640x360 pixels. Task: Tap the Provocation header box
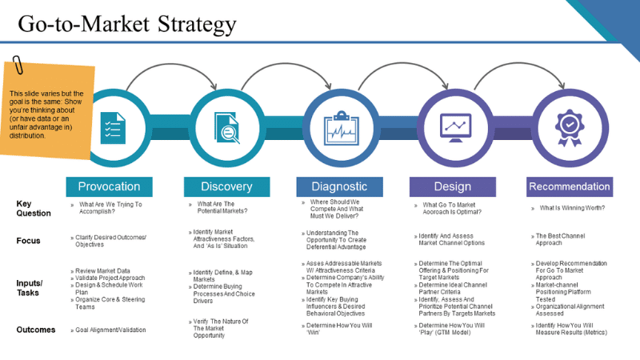click(109, 186)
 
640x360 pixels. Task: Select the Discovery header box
click(226, 186)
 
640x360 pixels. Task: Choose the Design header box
click(452, 186)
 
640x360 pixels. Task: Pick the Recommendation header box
click(570, 186)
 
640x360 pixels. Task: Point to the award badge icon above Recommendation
click(570, 126)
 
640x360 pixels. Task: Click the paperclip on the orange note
click(15, 66)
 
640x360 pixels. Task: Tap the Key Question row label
click(34, 209)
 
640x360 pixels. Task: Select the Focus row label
click(28, 241)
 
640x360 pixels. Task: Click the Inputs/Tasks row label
click(30, 287)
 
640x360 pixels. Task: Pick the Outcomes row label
click(36, 330)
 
